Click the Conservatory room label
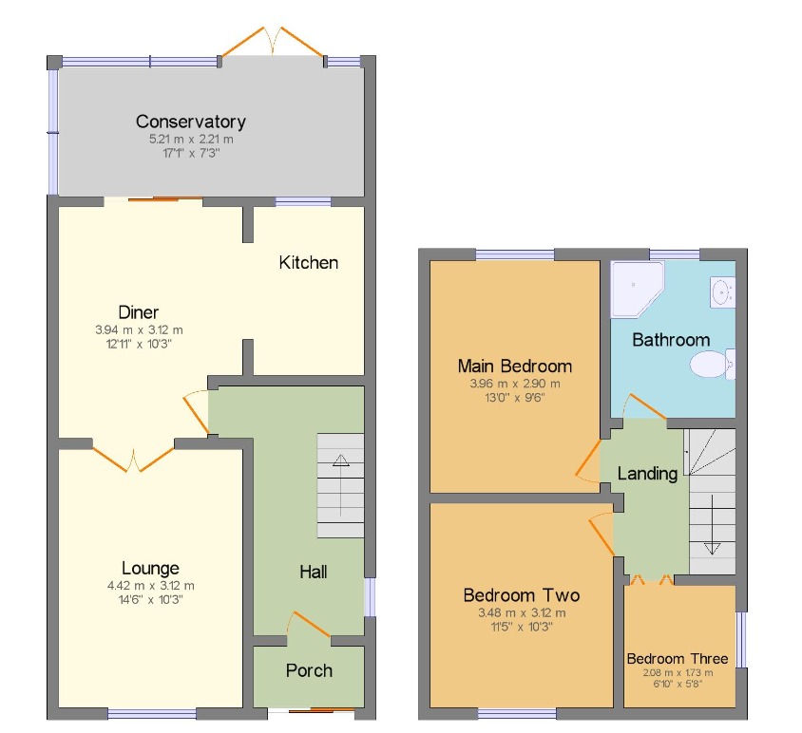point(190,122)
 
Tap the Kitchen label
point(308,262)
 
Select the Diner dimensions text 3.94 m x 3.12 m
point(139,330)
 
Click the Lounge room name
point(150,568)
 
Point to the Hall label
point(313,572)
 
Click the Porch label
point(309,670)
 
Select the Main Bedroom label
point(514,366)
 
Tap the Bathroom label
point(671,339)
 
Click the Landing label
point(647,473)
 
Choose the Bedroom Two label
point(521,595)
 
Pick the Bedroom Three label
point(678,658)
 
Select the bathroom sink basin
point(722,291)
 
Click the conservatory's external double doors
point(272,43)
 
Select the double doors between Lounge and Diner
point(134,455)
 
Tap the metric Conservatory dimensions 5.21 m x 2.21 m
point(190,140)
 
